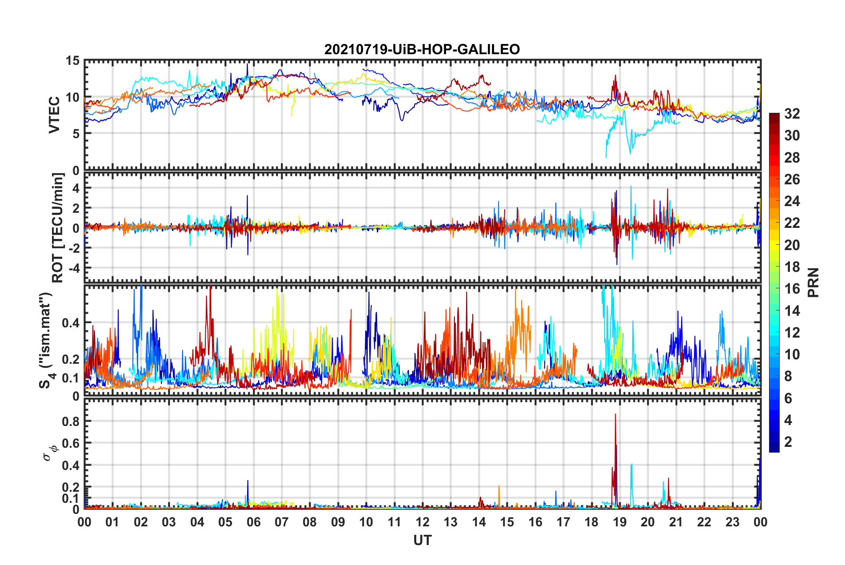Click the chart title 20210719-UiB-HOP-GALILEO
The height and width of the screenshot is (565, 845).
click(422, 49)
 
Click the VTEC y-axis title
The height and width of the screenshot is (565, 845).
click(54, 115)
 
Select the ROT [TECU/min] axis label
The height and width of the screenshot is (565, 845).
click(58, 228)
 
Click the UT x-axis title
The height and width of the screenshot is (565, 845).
click(422, 540)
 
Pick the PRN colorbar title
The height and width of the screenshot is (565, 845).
click(813, 282)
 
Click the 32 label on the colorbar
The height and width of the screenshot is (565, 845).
click(792, 114)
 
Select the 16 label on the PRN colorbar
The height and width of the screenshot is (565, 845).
click(792, 289)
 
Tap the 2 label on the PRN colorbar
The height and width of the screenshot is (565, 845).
click(788, 442)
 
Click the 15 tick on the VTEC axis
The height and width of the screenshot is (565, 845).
click(72, 60)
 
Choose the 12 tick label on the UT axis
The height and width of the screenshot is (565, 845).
click(422, 522)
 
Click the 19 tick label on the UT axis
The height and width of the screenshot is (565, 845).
click(620, 522)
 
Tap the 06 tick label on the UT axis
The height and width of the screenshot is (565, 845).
click(253, 522)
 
